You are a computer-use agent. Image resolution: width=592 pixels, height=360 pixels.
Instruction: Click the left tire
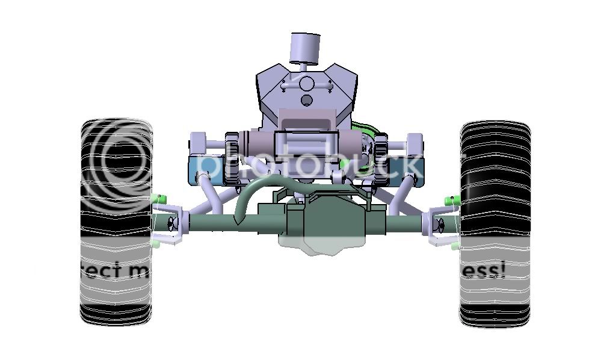[116, 223]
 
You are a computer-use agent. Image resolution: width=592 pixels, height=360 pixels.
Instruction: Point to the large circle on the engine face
[307, 83]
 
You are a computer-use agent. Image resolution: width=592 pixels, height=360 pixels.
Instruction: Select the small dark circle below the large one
[307, 99]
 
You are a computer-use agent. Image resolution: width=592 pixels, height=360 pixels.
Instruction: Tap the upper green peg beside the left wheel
[161, 199]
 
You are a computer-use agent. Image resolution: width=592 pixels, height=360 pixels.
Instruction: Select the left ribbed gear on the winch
[232, 157]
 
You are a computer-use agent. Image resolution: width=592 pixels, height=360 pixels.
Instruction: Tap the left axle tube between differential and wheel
[217, 223]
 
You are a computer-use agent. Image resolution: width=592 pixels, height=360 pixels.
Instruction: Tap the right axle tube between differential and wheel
[406, 223]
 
